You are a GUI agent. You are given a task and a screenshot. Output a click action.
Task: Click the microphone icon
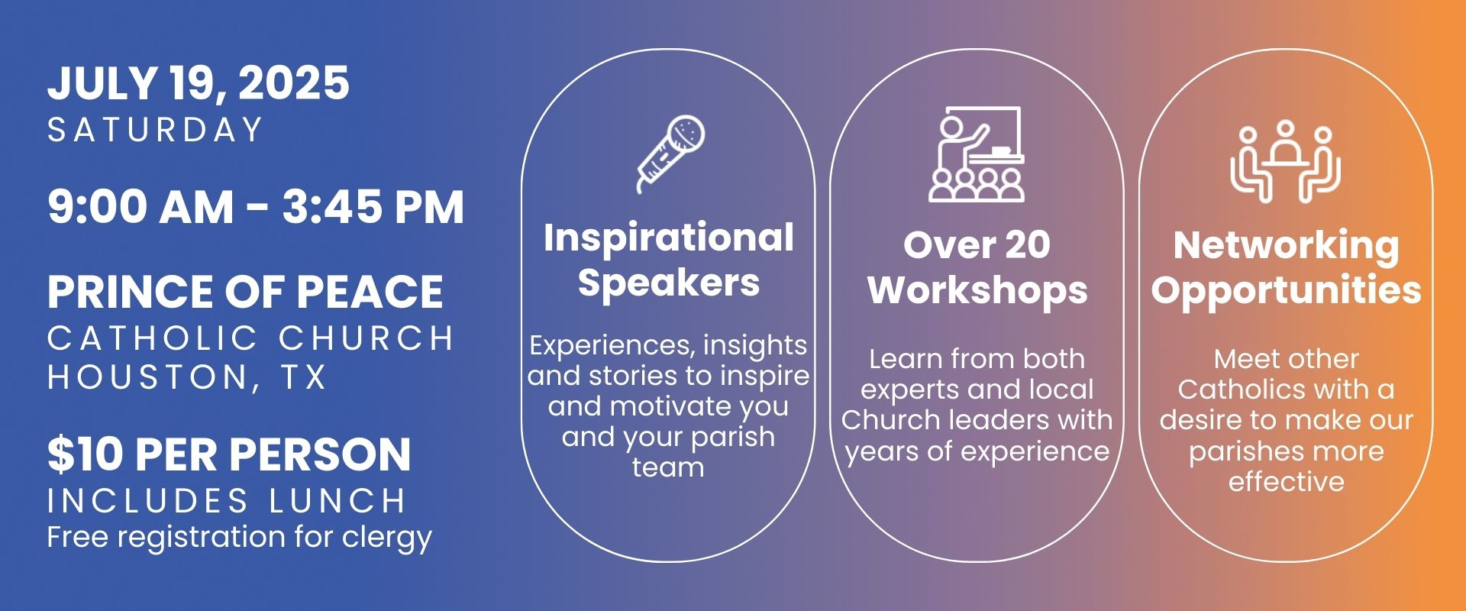point(670,154)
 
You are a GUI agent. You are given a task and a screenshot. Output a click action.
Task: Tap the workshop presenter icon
point(977,154)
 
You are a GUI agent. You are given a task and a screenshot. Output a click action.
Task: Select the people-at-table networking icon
point(1286,162)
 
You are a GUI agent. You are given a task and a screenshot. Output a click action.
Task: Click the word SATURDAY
point(156,130)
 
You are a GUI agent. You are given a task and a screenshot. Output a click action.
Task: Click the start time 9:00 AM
point(140,207)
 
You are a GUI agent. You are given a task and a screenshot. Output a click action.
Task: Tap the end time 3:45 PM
point(373,207)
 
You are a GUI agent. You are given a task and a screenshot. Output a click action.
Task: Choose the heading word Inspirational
point(669,238)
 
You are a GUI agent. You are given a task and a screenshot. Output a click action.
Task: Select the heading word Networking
point(1287,246)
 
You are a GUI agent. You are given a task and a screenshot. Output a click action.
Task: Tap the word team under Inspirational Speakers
point(668,467)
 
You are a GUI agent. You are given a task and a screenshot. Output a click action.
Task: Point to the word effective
point(1287,482)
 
